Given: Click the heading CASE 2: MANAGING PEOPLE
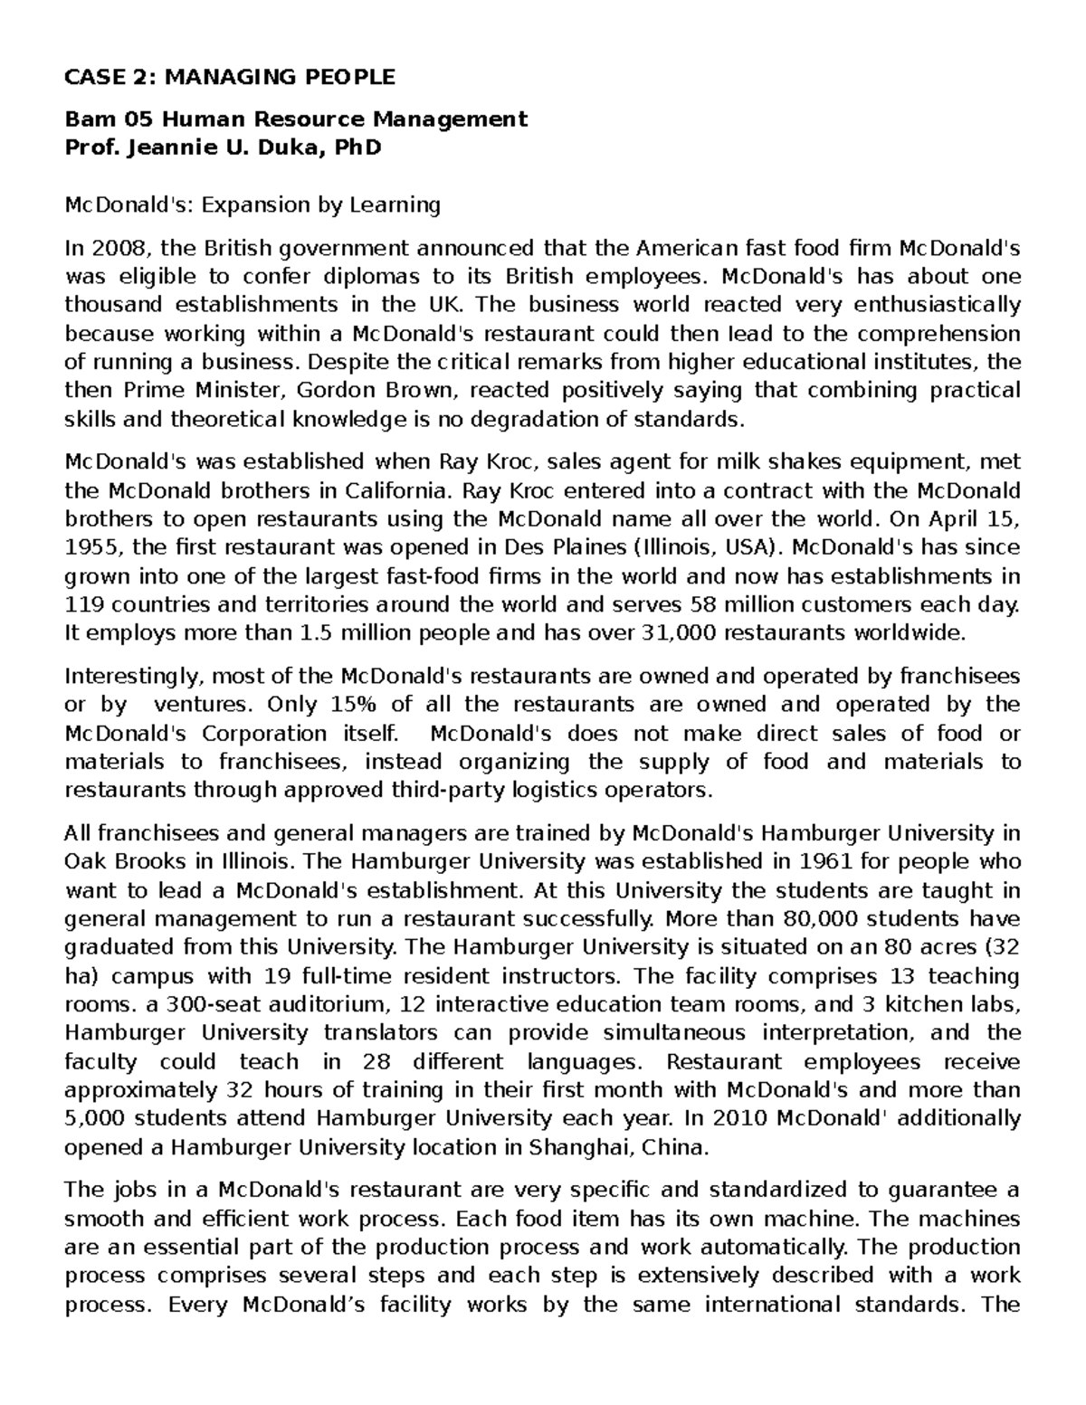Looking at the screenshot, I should point(230,77).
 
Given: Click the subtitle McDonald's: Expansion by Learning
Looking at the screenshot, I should point(252,205).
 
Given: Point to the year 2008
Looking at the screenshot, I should point(110,248).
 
